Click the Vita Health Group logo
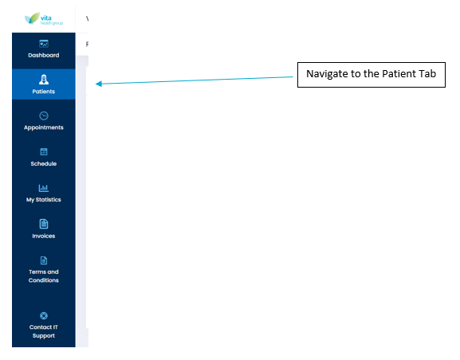coord(44,19)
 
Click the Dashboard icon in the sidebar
coord(44,44)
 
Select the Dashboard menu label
coord(44,55)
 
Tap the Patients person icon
coord(44,80)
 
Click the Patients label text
coord(44,92)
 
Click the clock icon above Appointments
coord(44,115)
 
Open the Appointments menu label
coord(44,127)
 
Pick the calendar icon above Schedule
coord(44,152)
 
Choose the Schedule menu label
coord(44,163)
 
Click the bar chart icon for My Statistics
coord(44,188)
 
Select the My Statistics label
coord(44,200)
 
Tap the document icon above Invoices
coord(44,224)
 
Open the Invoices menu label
coord(44,236)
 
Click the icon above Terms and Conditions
coord(44,260)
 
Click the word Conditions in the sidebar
coord(44,280)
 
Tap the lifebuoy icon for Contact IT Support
coord(44,315)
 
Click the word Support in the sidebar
coord(44,335)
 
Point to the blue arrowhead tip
coord(96,84)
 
